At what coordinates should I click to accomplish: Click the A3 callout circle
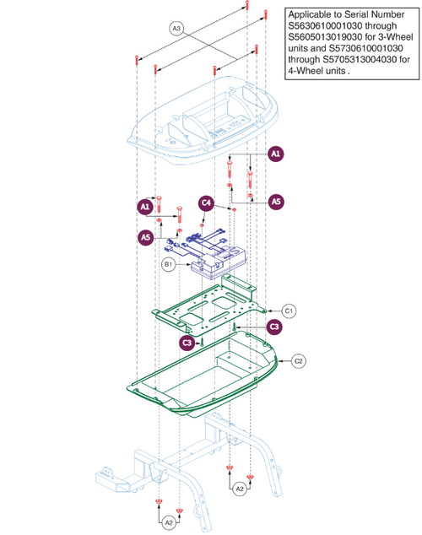[x=176, y=30]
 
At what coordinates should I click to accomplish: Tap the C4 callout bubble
[x=206, y=203]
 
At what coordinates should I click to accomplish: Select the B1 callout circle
[x=168, y=264]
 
